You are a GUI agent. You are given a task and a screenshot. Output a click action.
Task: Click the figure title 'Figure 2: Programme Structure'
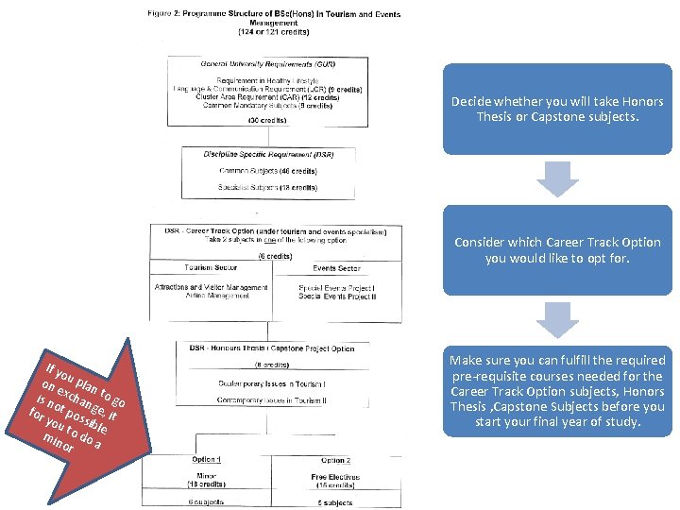point(274,14)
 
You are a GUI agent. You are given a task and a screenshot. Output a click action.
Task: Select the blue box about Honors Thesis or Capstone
point(557,110)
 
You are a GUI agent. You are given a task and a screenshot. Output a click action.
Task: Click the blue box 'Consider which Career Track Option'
point(557,250)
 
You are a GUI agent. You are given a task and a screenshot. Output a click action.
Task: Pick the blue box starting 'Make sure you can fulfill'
point(557,391)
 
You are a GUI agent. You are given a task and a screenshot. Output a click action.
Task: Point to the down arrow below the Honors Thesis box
point(557,178)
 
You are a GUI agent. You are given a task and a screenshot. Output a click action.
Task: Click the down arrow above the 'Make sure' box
point(557,319)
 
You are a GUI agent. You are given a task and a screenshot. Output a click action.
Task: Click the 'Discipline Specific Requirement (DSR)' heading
point(269,153)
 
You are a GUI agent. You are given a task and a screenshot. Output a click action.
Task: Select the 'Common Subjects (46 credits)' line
point(268,171)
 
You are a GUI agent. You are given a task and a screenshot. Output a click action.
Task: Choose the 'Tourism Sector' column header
point(212,268)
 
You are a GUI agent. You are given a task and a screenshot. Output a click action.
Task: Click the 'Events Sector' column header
point(337,268)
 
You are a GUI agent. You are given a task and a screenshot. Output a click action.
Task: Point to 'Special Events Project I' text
point(337,287)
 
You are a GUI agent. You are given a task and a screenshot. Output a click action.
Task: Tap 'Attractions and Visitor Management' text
point(212,287)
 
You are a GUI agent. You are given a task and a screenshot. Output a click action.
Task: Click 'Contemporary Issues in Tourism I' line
point(271,383)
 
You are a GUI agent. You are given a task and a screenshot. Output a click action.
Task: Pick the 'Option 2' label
point(335,460)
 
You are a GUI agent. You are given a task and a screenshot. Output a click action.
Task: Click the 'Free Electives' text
point(335,477)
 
